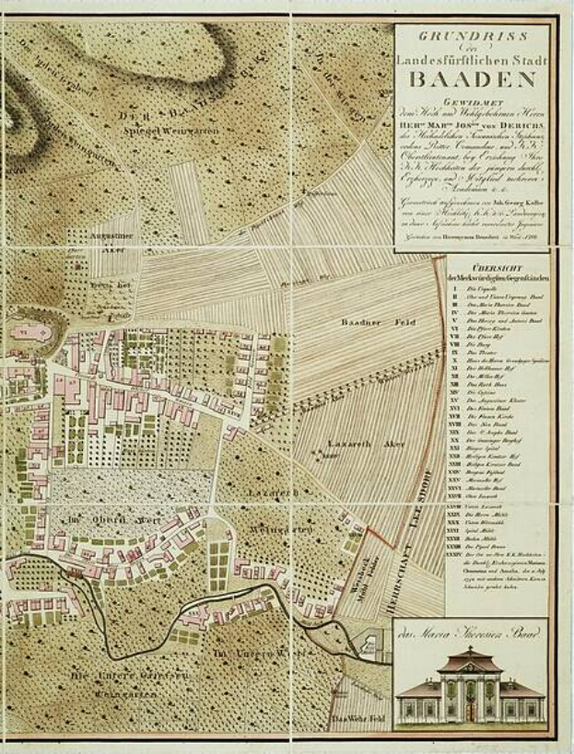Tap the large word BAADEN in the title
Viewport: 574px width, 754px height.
471,77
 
